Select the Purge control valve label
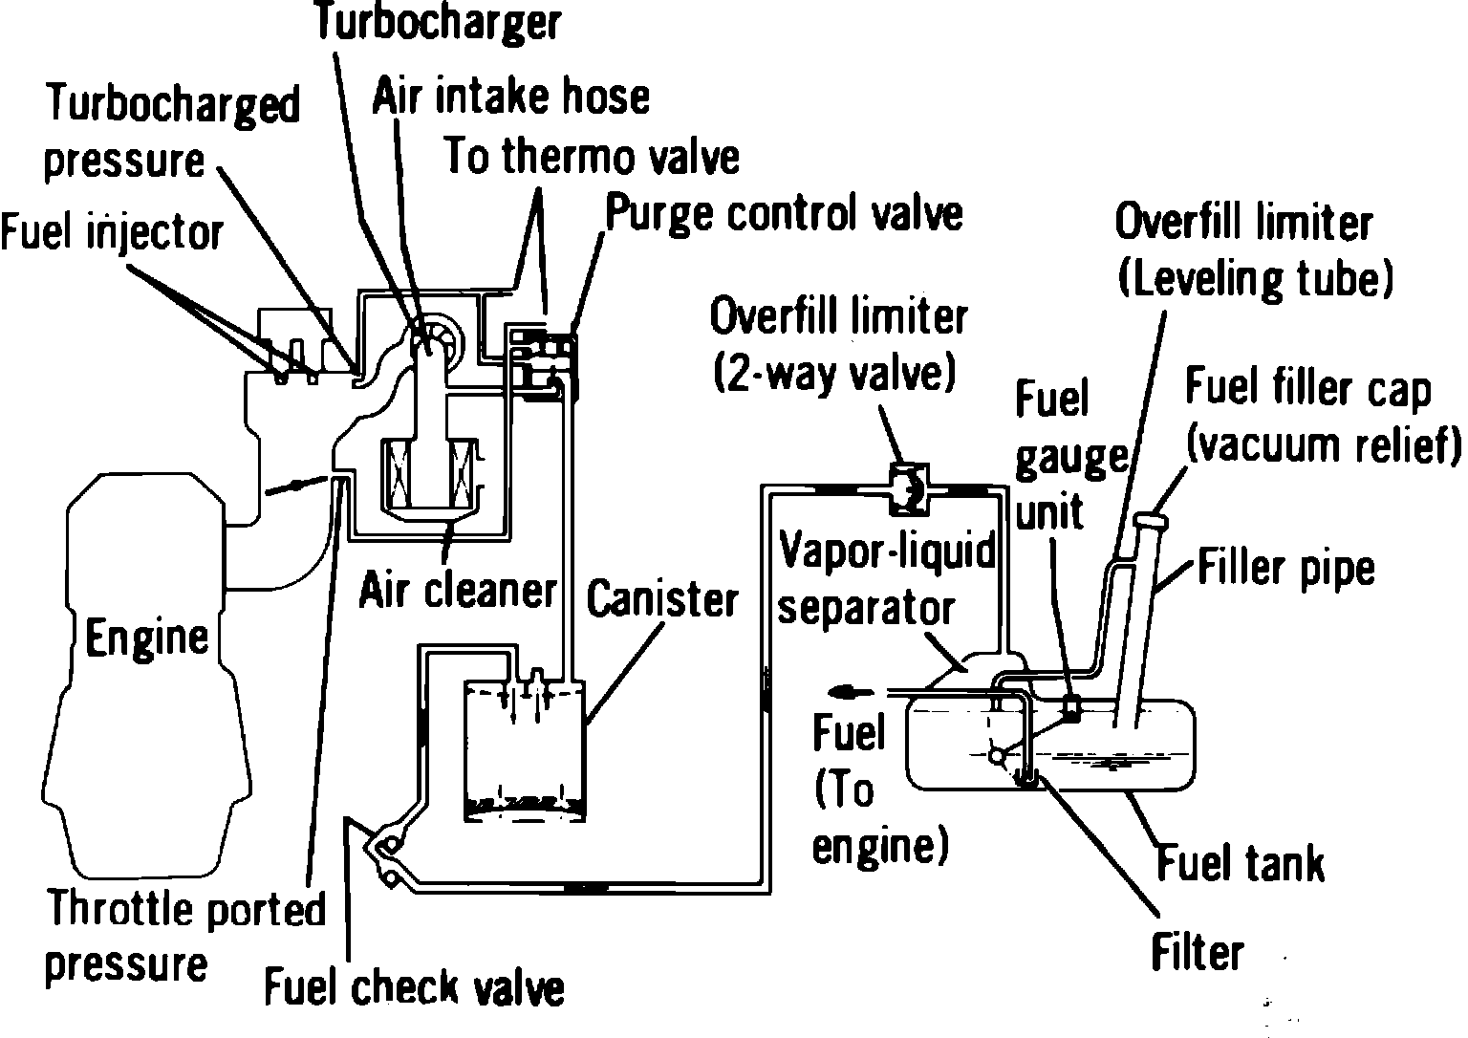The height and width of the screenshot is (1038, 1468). (x=784, y=214)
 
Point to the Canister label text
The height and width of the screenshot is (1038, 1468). (x=661, y=600)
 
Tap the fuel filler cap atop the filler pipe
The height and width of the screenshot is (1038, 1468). (x=1153, y=523)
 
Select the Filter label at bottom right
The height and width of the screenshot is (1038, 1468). (x=1197, y=953)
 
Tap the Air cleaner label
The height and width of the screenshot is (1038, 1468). (x=457, y=591)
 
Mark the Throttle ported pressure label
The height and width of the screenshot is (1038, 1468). (x=186, y=936)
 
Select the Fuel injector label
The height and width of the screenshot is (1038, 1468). (x=111, y=232)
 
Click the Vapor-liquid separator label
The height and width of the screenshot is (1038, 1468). (x=884, y=580)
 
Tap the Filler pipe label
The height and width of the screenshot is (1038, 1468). (x=1284, y=569)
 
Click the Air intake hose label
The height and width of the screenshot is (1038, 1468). (x=510, y=97)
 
